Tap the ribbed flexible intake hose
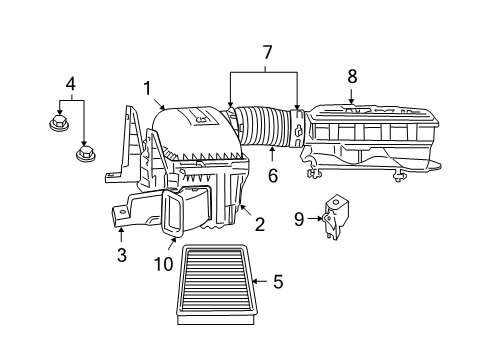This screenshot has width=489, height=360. tap(265, 131)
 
